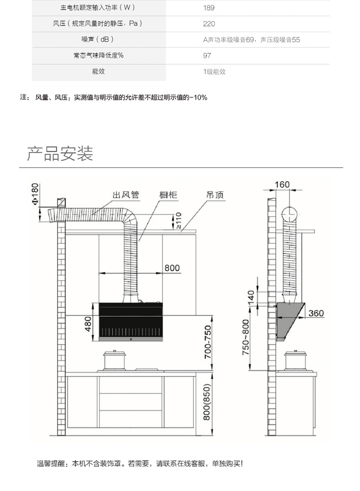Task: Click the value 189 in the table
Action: click(x=208, y=8)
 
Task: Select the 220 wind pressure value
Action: click(x=209, y=24)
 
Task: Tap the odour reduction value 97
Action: click(x=207, y=56)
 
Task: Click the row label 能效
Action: click(x=98, y=72)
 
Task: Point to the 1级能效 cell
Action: click(x=214, y=72)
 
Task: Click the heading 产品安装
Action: click(x=60, y=154)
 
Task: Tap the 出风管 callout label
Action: click(x=126, y=195)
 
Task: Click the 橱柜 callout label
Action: click(x=168, y=195)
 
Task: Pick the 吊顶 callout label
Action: click(x=215, y=195)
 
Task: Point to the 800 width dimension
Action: click(x=172, y=268)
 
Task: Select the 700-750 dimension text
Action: click(x=207, y=342)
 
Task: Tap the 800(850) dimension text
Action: click(x=207, y=402)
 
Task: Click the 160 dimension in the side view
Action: click(x=282, y=185)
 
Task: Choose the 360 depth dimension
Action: click(x=316, y=313)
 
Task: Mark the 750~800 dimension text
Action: click(x=246, y=337)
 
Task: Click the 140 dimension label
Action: click(x=251, y=298)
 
